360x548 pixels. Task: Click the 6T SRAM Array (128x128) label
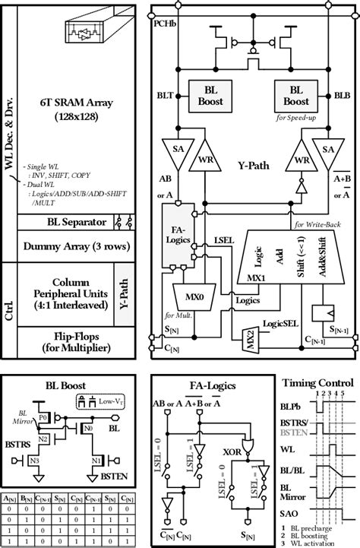pyautogui.click(x=72, y=110)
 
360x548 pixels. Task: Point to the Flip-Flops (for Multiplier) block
pyautogui.click(x=73, y=341)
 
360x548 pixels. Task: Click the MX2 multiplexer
pyautogui.click(x=249, y=335)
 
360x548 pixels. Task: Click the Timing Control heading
pyautogui.click(x=317, y=382)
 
